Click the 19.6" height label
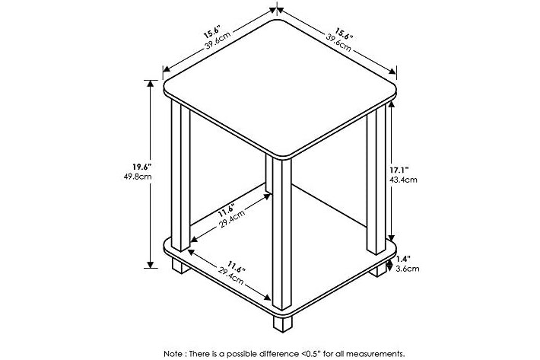point(142,167)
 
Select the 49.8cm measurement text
point(138,177)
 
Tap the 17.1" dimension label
point(399,170)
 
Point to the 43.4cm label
point(403,180)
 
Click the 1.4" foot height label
point(403,259)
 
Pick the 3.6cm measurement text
point(408,269)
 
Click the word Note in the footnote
point(173,354)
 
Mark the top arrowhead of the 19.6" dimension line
point(150,83)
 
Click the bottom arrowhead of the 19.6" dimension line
point(150,265)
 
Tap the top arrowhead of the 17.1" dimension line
point(391,104)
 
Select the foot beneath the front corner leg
point(282,323)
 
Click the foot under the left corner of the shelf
point(181,266)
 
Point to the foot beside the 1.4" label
point(378,269)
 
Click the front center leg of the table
point(281,234)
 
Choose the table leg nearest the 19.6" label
point(180,176)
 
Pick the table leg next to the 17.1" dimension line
point(376,180)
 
